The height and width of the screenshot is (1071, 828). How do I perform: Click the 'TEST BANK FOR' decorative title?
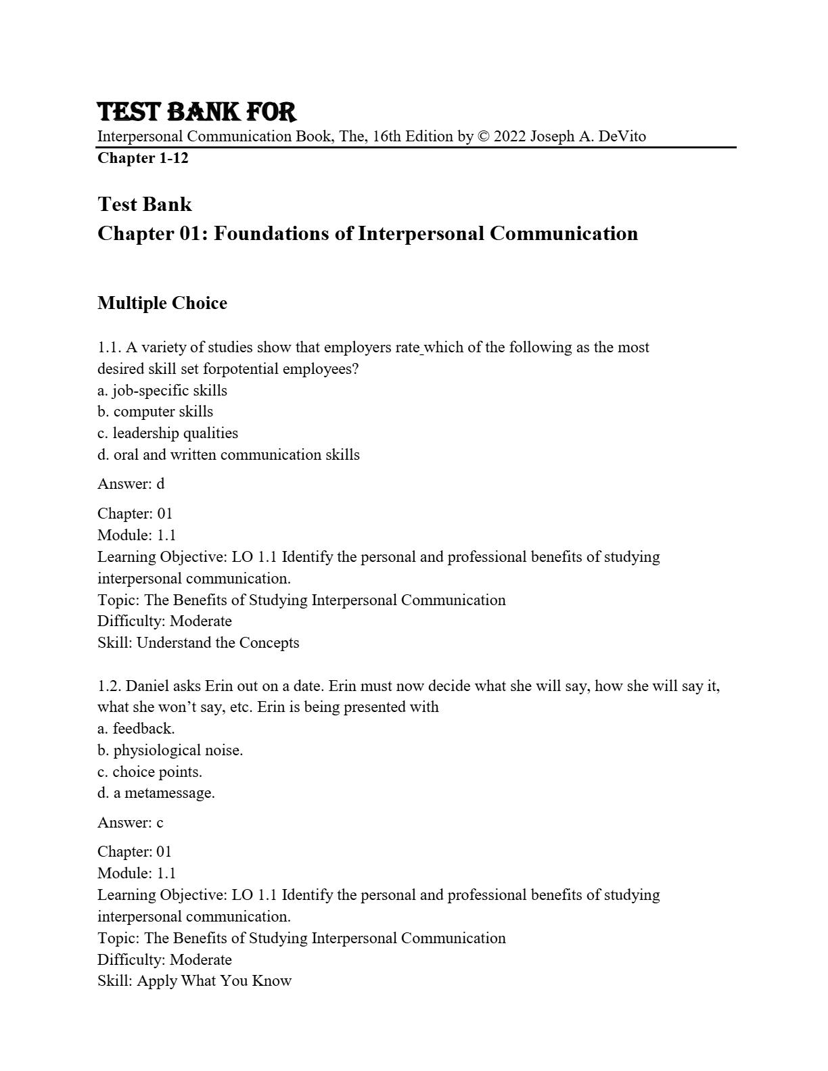point(196,112)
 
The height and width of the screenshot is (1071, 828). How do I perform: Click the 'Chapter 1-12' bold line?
point(143,158)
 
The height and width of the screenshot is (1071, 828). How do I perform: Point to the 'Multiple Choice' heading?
point(162,303)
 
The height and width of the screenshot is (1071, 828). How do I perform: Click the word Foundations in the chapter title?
point(277,233)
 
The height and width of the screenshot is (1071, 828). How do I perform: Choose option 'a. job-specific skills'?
point(162,390)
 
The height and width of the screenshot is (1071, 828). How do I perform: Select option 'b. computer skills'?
point(155,412)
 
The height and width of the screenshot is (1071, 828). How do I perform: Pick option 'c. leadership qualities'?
point(168,433)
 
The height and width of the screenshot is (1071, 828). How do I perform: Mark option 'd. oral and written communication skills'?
point(229,455)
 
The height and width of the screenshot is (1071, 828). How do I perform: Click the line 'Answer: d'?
point(131,484)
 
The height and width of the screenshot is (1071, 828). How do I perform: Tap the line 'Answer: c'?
point(131,823)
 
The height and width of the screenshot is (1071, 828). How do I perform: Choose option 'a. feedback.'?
point(136,729)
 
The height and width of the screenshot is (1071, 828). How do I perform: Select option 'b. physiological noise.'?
point(170,751)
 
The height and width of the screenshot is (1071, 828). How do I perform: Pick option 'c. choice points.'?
point(149,772)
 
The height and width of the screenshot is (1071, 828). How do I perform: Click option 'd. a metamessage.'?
point(156,793)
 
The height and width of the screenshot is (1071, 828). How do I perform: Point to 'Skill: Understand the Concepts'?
point(198,643)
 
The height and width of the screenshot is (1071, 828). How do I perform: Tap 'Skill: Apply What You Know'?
point(195,981)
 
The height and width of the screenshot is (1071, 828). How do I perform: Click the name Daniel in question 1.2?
point(147,686)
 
